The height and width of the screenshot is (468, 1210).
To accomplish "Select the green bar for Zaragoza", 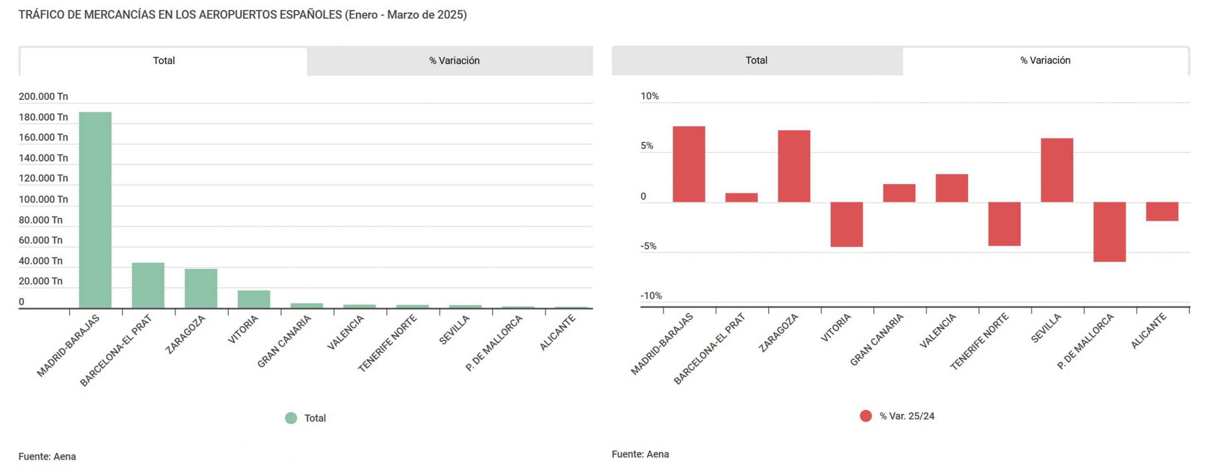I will tap(201, 288).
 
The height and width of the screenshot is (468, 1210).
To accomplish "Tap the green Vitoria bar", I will tap(254, 299).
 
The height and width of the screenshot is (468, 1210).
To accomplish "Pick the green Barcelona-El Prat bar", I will tap(148, 285).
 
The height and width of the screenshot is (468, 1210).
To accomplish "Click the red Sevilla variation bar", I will tap(1057, 170).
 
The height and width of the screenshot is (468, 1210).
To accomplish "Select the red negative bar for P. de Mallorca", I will tap(1109, 232).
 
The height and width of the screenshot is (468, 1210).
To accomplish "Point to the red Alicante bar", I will tap(1162, 212).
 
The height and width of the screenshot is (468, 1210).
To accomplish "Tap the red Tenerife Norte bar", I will tap(1004, 224).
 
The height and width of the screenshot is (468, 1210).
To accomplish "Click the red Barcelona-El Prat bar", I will tap(741, 197).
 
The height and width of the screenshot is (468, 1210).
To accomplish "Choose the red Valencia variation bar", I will tap(951, 188).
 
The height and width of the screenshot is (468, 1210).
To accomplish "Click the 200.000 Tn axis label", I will tap(43, 97).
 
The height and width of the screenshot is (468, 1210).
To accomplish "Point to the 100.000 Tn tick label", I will tap(43, 199).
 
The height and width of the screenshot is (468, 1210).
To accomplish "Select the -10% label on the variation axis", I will tap(651, 296).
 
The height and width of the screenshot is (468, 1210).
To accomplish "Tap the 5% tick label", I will tap(647, 146).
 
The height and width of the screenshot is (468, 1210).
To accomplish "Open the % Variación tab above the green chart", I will tap(454, 61).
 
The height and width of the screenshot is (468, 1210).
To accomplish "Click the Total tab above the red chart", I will tap(756, 60).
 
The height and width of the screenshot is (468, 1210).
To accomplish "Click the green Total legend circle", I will tap(291, 418).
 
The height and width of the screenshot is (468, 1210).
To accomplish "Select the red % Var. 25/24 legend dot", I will tap(865, 416).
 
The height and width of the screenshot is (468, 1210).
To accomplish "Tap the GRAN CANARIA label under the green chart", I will tap(285, 341).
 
